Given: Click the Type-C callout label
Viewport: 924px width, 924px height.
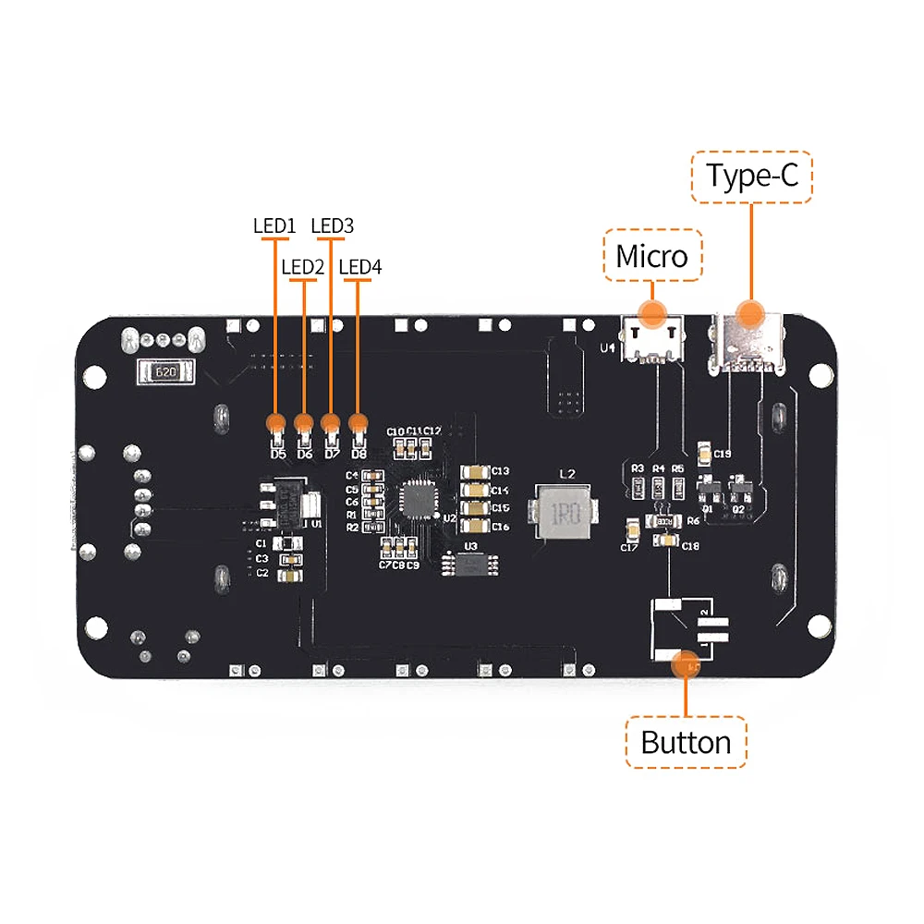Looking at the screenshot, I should (x=752, y=176).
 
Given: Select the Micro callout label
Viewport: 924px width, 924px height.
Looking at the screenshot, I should (x=652, y=255).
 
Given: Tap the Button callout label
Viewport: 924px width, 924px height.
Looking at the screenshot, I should (x=686, y=742).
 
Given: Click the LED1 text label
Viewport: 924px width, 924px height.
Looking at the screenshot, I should (x=274, y=225).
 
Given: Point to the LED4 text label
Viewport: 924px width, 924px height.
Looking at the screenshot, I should (x=360, y=267).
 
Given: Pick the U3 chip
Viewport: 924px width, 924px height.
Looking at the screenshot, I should (x=470, y=562).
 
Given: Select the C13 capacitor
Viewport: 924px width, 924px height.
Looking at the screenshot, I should (x=475, y=471).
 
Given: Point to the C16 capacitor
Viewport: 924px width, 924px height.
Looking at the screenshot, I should (x=475, y=526).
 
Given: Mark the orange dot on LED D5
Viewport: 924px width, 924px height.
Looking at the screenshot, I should (x=275, y=424).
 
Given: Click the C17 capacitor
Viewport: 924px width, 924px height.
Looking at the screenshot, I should (x=633, y=530).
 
